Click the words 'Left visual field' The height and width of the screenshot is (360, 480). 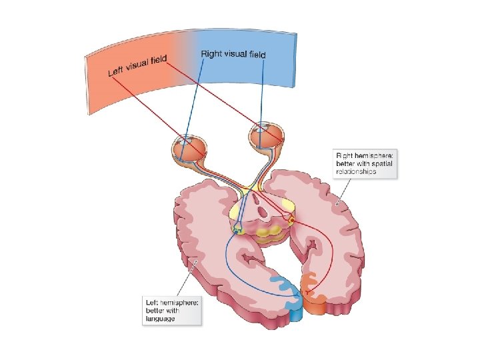(137, 66)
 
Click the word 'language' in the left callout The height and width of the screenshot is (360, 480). (160, 318)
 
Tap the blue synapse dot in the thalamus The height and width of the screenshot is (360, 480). (237, 230)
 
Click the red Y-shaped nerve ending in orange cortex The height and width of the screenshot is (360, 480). (308, 292)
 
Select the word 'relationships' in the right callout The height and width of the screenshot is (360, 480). (356, 171)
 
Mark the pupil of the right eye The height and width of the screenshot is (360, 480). (262, 131)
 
